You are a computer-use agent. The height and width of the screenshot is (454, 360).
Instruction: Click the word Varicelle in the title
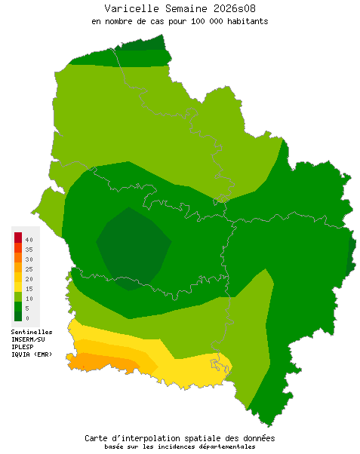128,8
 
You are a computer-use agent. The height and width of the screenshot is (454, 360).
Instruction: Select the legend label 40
29,239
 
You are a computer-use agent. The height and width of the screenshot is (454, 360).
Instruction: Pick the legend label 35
29,249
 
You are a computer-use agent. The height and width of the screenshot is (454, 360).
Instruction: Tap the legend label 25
29,268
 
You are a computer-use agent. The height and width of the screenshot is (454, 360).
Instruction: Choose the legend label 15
29,288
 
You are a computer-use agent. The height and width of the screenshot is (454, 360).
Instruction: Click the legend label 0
27,317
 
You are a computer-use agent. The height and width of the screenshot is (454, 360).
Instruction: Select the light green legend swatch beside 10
17,297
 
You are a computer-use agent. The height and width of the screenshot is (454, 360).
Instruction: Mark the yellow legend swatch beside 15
17,287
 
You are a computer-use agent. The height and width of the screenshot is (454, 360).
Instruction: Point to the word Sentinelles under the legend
32,332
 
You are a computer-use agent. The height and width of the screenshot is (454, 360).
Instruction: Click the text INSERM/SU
29,339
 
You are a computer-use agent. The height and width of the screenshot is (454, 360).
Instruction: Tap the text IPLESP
23,347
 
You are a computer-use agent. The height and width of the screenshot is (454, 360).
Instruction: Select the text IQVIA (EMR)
32,354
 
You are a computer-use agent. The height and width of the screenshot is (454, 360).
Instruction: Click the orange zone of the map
102,362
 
